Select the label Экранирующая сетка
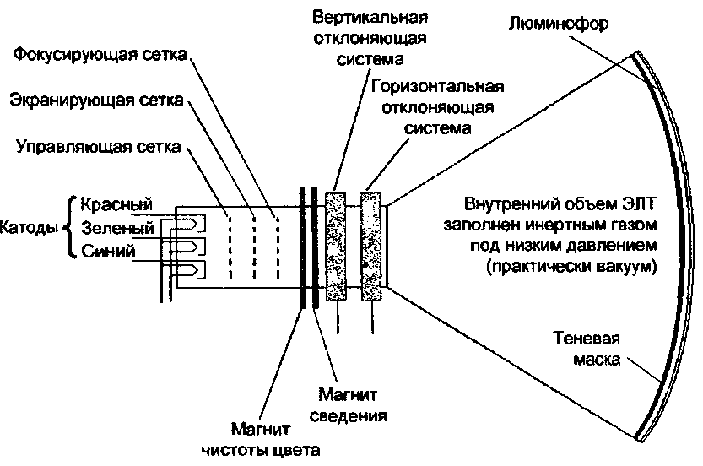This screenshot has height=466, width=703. click(95, 101)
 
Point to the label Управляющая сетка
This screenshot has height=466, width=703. click(98, 149)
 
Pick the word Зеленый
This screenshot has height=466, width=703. click(117, 228)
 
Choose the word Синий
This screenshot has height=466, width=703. click(109, 251)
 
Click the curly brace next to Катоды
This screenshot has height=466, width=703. click(68, 227)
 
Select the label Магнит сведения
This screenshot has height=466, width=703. click(353, 404)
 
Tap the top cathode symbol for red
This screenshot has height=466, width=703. click(191, 225)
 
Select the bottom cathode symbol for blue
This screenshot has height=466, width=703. click(191, 270)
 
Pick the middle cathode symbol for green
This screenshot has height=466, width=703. click(191, 247)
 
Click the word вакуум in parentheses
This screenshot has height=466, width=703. click(624, 266)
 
